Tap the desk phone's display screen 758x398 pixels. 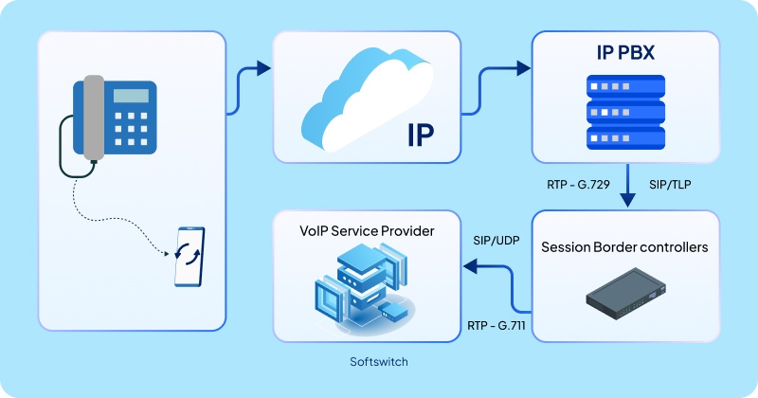point(132,96)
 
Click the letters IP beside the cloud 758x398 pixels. point(420,136)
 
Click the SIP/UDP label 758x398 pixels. point(498,240)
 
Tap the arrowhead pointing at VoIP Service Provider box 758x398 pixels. point(469,268)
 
